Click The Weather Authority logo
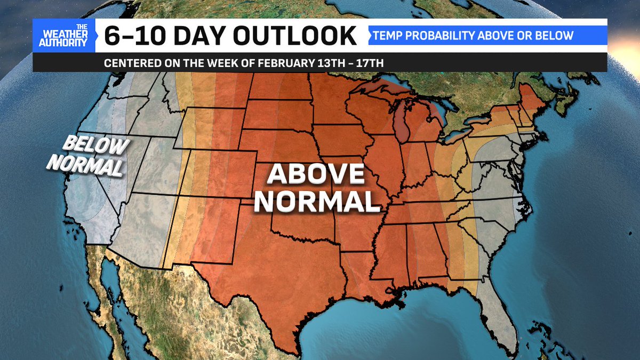click(64, 36)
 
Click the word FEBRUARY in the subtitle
click(273, 62)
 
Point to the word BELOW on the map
click(97, 145)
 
